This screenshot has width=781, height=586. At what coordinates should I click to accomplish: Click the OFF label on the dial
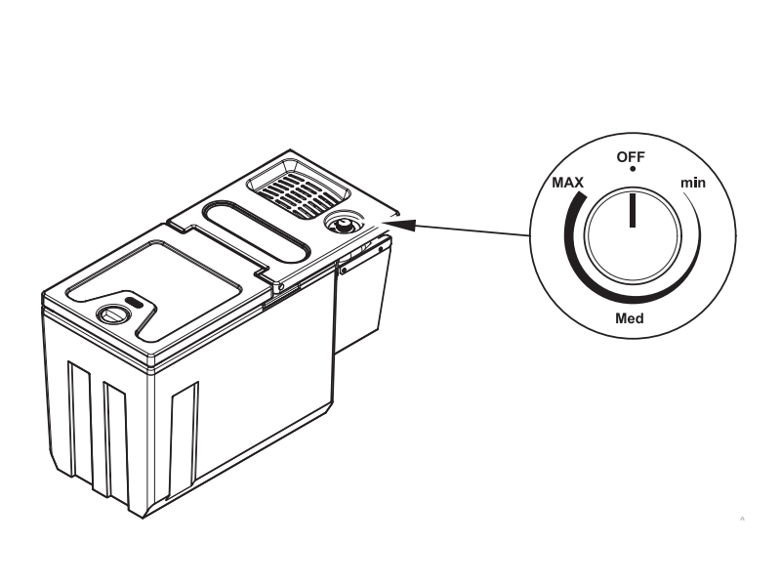point(631,157)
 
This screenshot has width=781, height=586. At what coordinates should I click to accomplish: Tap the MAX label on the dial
point(568,183)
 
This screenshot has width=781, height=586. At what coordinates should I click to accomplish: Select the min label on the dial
point(693,183)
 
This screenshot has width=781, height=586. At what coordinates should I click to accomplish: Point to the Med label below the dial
point(630,318)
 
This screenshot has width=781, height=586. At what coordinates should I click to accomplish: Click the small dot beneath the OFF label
point(633,169)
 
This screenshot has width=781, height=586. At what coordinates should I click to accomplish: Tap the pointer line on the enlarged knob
point(633,210)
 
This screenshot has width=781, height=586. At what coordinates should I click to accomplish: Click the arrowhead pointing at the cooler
point(400,225)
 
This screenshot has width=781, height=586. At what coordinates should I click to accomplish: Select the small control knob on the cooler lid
point(344,224)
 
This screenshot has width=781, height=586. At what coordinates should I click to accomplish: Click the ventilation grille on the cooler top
point(298,189)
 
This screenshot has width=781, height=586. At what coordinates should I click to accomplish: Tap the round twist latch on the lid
point(114,314)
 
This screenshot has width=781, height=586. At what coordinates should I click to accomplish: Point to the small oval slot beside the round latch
point(134,302)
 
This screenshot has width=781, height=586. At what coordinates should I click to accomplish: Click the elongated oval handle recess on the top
point(256,231)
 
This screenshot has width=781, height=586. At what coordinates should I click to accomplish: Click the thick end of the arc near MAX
point(579,195)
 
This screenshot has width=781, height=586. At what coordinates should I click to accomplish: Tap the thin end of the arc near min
point(684,192)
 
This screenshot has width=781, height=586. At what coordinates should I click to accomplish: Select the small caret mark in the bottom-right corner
point(742,519)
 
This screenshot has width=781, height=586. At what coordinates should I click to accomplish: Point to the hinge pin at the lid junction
point(281,287)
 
